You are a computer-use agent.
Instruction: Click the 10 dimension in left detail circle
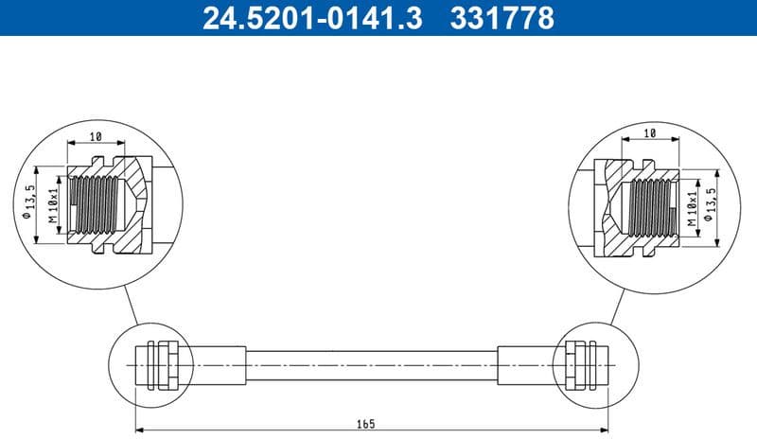tap(96, 136)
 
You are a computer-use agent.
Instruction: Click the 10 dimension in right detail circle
tap(649, 134)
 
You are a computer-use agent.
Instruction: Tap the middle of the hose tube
tap(371, 362)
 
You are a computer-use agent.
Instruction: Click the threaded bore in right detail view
tap(652, 203)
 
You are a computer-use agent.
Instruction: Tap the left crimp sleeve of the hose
tap(220, 362)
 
